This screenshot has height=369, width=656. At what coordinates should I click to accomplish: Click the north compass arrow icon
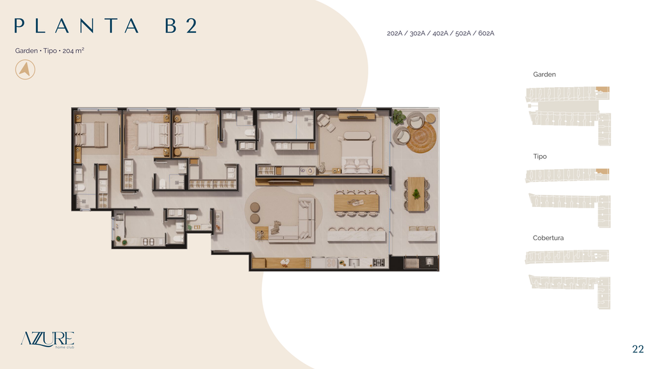tap(25, 69)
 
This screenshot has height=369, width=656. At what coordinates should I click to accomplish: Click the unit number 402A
tap(440, 33)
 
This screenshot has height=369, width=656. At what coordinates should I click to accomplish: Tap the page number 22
tap(638, 349)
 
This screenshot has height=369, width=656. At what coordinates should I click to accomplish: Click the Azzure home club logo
tap(47, 340)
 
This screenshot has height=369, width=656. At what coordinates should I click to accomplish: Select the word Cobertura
tap(548, 238)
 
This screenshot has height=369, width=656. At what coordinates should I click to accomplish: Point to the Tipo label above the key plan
tap(539, 156)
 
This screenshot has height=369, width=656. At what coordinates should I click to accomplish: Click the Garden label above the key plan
tap(545, 74)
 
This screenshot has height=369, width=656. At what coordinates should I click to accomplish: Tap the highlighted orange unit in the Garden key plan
tap(602, 89)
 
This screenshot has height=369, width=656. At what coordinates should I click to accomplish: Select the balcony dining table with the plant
tap(416, 193)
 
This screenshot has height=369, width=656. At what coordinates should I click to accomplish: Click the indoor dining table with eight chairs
tap(356, 203)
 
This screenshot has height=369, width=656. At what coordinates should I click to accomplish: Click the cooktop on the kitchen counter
tap(379, 263)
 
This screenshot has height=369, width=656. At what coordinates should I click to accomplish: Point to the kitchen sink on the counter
tap(354, 263)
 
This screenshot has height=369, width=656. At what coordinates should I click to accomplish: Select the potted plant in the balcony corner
tap(398, 117)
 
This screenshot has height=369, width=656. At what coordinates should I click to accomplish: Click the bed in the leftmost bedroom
tap(91, 135)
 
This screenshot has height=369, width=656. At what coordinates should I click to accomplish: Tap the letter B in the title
tap(170, 26)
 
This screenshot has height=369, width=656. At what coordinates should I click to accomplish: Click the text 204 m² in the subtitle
tap(73, 51)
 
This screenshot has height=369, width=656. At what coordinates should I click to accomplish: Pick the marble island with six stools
tap(356, 236)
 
